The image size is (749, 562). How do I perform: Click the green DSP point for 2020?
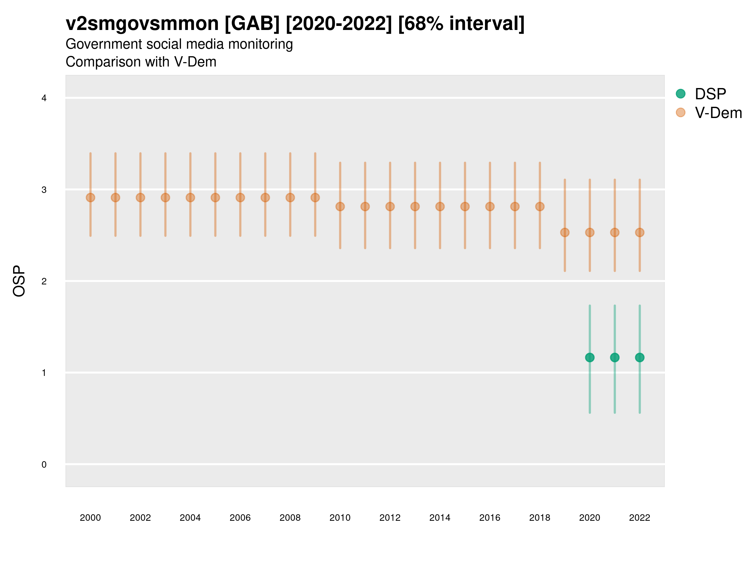click(590, 357)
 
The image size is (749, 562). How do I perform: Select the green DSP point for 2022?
click(640, 357)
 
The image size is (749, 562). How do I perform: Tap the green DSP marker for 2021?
click(614, 357)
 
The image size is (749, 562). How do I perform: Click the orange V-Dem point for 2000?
click(91, 198)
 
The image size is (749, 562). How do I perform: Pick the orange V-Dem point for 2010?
click(340, 206)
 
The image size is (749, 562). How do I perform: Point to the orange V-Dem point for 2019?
click(565, 232)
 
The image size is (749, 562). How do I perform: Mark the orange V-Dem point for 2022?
click(640, 232)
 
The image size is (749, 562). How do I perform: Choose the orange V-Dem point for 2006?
click(240, 198)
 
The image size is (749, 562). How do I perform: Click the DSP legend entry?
click(710, 94)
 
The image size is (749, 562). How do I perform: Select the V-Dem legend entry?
click(718, 113)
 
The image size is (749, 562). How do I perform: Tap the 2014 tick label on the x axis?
click(440, 518)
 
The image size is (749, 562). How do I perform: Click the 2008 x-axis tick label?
click(290, 518)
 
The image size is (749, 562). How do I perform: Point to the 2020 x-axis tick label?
click(590, 518)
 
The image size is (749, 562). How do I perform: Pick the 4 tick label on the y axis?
click(44, 98)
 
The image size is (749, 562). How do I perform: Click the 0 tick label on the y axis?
click(44, 465)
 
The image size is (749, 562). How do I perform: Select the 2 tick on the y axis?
click(44, 281)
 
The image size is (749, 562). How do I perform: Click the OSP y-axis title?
click(19, 281)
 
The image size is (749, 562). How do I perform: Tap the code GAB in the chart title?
click(252, 23)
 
